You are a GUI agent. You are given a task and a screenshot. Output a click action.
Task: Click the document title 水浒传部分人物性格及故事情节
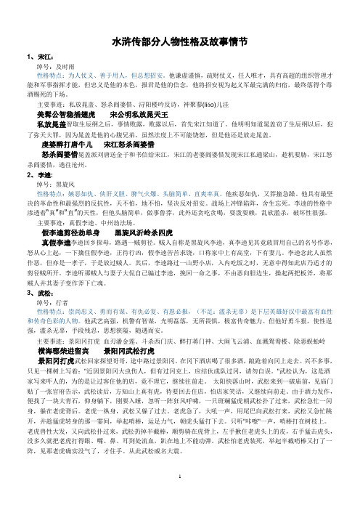coord(179,44)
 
